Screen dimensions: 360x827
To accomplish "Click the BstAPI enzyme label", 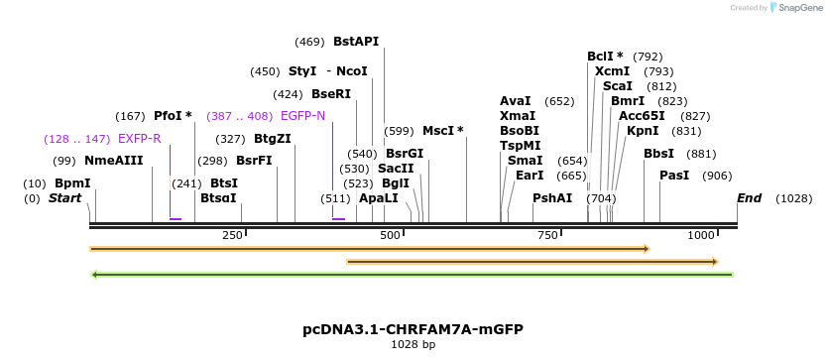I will [356, 42].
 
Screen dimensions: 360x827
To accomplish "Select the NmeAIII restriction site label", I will [113, 161].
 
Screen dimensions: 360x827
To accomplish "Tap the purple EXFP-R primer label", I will [139, 139].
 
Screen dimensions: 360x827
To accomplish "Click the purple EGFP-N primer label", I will [302, 116].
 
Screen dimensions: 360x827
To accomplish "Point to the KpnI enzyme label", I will [643, 131].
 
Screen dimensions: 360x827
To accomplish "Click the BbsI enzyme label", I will [658, 154].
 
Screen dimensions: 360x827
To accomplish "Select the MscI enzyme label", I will [442, 131].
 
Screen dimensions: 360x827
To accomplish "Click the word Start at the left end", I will [64, 198].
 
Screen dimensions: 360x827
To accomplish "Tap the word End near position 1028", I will [749, 198].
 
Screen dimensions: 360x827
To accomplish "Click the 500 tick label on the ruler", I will [389, 235].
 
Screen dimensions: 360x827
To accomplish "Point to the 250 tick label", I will [232, 235].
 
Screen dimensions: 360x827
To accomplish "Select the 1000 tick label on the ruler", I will [701, 235].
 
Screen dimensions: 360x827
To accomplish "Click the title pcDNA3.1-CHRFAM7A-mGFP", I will [413, 328].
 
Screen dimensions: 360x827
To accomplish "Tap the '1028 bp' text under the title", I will [413, 344].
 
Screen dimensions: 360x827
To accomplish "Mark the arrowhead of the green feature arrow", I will [94, 275].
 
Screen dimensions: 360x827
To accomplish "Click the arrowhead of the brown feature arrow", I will [713, 262].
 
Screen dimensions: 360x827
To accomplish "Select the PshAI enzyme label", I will [552, 198].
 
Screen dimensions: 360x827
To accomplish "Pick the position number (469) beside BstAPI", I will [309, 42].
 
